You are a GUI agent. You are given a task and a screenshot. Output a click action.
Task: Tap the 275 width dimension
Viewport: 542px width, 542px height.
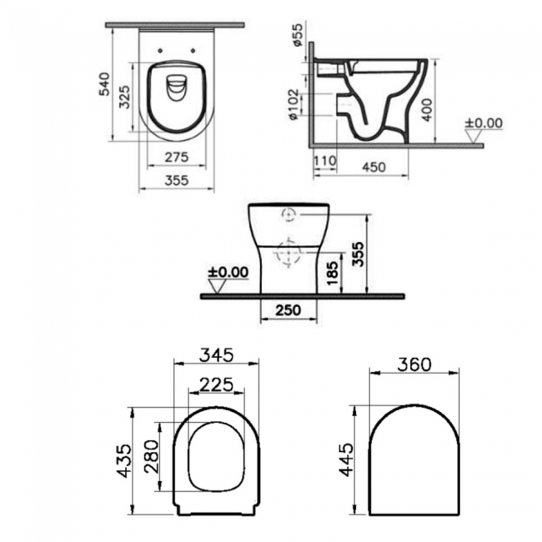point(175,158)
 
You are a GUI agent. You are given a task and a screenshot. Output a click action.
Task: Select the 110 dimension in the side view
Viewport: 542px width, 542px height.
point(324,160)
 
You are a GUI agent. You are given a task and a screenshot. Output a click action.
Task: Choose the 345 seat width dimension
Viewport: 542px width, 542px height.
point(215,354)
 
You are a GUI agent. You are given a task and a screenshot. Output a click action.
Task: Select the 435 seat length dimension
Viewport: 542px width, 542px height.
point(123,460)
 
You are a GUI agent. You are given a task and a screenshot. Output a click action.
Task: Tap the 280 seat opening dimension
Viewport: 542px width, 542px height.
point(150,455)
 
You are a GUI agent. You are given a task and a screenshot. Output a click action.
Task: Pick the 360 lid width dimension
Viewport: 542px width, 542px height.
point(414,364)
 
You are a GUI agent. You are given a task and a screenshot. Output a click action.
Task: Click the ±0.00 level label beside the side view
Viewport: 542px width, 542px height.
point(483,123)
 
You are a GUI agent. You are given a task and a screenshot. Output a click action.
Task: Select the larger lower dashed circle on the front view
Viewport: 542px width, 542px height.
point(289,251)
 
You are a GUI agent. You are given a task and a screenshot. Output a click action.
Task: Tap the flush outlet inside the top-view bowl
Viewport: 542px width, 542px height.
point(176,88)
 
